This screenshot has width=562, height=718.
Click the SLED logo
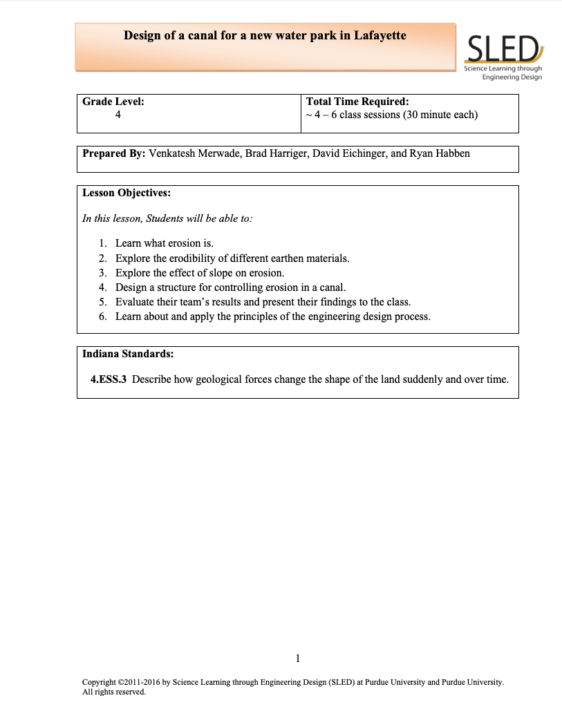click(x=503, y=56)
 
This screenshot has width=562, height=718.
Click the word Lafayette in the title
click(x=380, y=35)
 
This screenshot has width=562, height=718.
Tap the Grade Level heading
click(x=113, y=102)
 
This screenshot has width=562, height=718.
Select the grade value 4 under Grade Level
click(x=118, y=115)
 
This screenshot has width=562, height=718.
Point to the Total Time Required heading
click(x=357, y=102)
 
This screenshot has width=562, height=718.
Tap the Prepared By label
click(x=113, y=153)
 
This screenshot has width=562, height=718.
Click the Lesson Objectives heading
click(x=127, y=193)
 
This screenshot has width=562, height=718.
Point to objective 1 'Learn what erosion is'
click(x=164, y=243)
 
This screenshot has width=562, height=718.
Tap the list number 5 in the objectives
click(x=102, y=302)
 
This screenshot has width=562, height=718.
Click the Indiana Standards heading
click(x=128, y=354)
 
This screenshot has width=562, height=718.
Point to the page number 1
click(x=297, y=658)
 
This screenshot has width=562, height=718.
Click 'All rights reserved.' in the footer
click(x=114, y=692)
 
